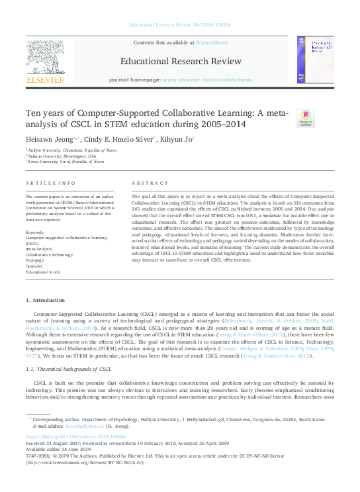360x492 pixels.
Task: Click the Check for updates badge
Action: click(x=305, y=118)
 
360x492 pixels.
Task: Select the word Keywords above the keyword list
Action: click(x=34, y=232)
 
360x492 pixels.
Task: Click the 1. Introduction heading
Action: click(x=45, y=301)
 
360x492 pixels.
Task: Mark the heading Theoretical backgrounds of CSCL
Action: click(x=71, y=368)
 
